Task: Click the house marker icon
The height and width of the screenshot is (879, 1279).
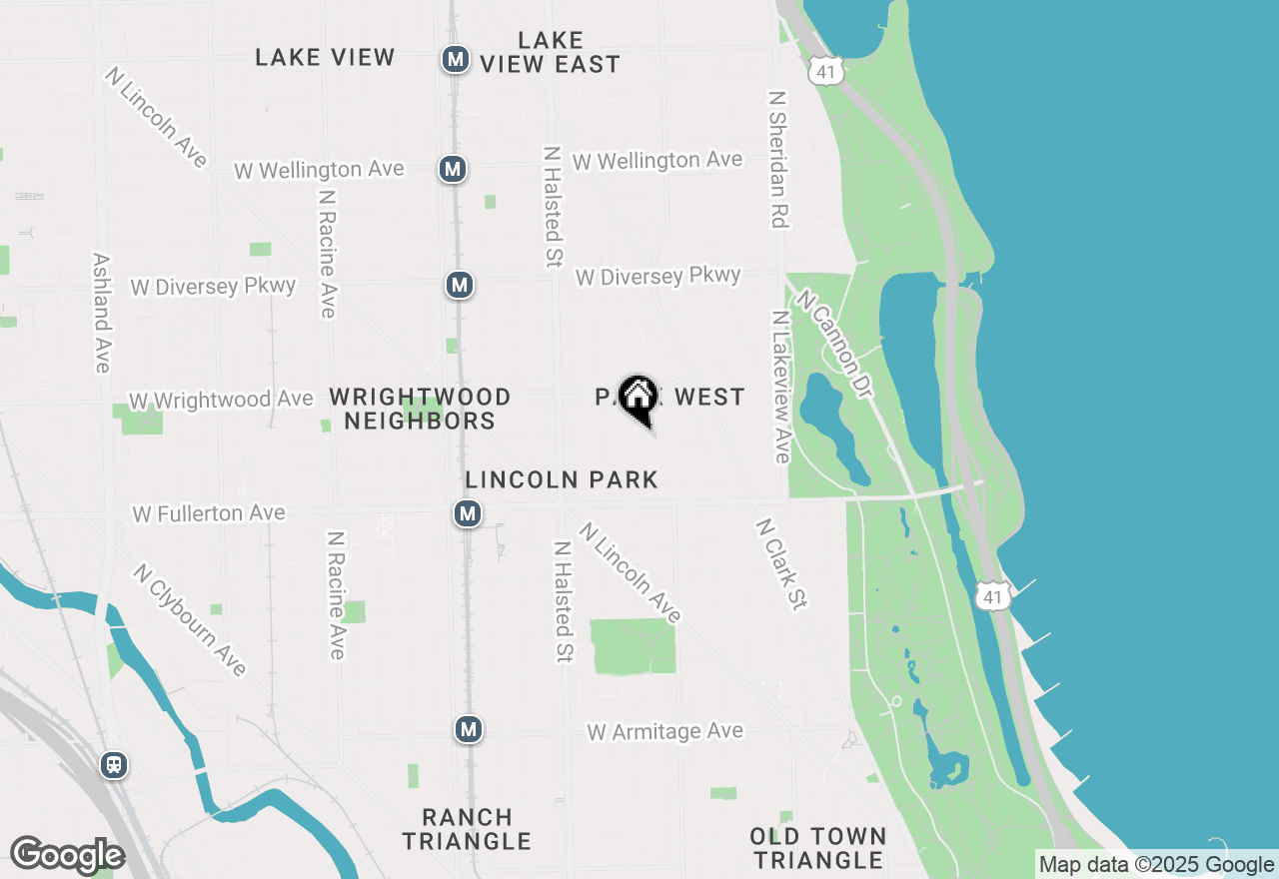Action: click(638, 398)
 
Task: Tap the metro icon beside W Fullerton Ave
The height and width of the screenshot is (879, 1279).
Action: click(468, 513)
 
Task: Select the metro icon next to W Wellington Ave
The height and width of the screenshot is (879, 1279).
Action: click(453, 169)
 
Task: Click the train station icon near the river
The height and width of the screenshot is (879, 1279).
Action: click(114, 766)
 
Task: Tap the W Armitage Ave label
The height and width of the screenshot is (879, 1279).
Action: click(664, 732)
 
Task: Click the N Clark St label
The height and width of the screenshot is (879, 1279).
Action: click(781, 563)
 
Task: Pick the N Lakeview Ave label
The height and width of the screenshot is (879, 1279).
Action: click(780, 387)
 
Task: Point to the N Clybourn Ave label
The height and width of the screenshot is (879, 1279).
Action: click(190, 619)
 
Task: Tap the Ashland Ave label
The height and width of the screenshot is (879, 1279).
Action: click(101, 312)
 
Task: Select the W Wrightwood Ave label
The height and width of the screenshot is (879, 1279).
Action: click(220, 400)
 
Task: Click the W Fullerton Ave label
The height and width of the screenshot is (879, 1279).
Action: click(209, 513)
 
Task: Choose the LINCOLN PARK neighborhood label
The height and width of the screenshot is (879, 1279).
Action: click(562, 479)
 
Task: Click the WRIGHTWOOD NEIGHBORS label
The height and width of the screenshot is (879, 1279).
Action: click(420, 409)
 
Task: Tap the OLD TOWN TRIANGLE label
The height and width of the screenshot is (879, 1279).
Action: click(818, 847)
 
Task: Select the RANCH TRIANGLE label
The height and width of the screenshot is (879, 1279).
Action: click(467, 829)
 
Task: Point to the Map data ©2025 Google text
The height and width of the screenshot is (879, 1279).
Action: click(1156, 865)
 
